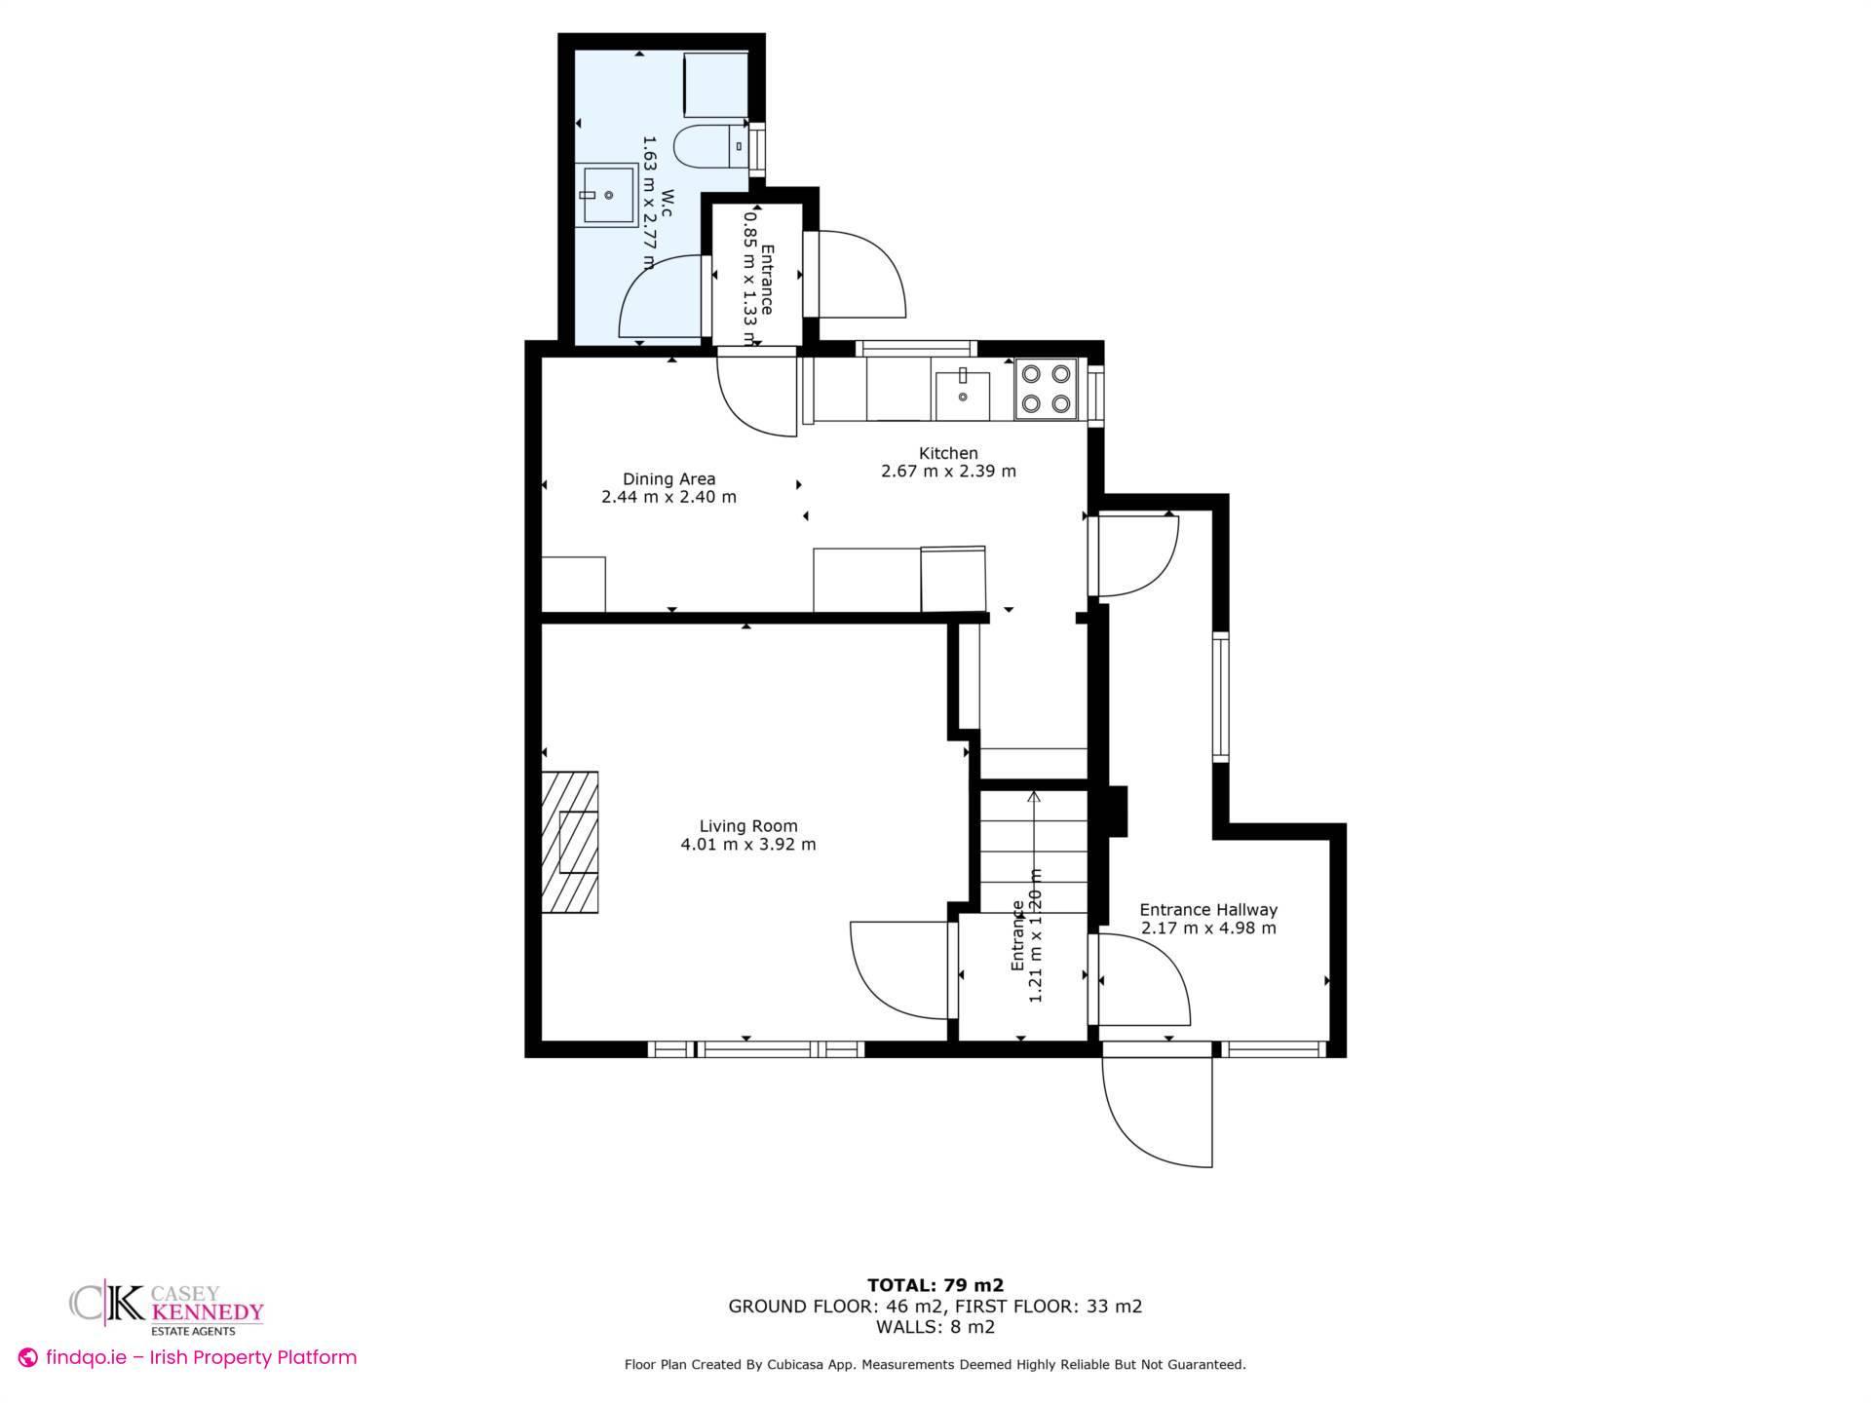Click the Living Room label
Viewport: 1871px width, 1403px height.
click(x=747, y=826)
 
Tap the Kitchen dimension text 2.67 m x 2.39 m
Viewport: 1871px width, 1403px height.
click(x=948, y=472)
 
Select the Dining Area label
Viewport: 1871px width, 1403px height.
click(x=668, y=478)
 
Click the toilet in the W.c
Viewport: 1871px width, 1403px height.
click(x=709, y=147)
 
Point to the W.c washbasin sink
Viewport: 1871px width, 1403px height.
click(x=604, y=195)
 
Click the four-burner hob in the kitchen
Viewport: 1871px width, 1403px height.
click(x=1046, y=389)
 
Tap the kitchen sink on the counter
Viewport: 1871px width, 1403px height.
click(x=962, y=389)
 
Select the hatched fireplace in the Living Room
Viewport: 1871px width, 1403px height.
click(x=570, y=842)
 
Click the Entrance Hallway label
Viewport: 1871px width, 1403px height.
click(x=1208, y=910)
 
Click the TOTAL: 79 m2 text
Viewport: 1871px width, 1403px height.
click(x=935, y=1285)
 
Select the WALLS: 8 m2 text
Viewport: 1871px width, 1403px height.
click(x=935, y=1327)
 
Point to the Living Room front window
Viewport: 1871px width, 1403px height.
click(x=756, y=1049)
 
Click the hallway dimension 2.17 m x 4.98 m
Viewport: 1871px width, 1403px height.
click(x=1208, y=929)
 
